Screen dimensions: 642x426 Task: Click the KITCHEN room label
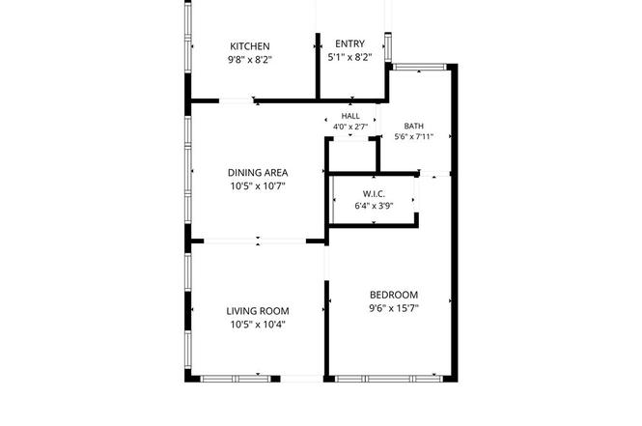[250, 46]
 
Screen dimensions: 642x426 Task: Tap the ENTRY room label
[349, 43]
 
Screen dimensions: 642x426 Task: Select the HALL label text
[350, 116]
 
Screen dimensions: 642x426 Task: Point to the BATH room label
[413, 126]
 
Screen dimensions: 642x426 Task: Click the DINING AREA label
[258, 173]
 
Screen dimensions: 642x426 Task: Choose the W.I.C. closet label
[374, 194]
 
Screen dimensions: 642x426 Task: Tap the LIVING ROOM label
[258, 311]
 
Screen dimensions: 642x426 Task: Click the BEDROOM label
[394, 295]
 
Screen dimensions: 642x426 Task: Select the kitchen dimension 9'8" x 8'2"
[250, 60]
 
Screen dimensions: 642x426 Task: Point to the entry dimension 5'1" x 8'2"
[349, 57]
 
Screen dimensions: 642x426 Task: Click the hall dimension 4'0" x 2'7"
[350, 127]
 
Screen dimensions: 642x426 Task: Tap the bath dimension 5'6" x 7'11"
[413, 136]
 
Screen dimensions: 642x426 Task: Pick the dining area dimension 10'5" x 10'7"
[258, 186]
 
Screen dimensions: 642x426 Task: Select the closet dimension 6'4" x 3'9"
[374, 205]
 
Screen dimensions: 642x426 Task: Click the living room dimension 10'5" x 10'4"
[258, 325]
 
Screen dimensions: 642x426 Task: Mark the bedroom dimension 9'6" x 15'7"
[394, 308]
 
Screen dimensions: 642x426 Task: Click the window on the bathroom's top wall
[419, 67]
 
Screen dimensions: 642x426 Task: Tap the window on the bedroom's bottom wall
[389, 379]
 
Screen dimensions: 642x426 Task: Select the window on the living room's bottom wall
[236, 379]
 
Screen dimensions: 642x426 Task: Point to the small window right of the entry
[388, 47]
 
